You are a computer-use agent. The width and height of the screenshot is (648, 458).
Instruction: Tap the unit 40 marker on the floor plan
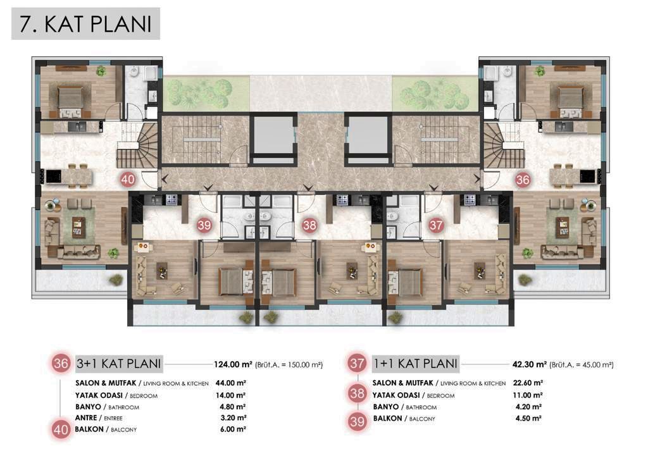(x=128, y=180)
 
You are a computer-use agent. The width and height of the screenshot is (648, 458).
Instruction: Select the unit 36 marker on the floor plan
(x=523, y=180)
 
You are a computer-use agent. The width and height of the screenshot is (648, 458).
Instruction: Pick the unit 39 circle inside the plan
(x=204, y=225)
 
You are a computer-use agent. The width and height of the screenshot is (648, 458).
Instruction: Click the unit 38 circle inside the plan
(x=309, y=225)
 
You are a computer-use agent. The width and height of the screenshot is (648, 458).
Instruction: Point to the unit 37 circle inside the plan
(x=436, y=225)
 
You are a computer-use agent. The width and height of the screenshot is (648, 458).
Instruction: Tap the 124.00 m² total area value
(x=233, y=364)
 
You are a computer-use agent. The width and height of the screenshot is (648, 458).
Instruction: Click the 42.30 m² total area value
(x=528, y=364)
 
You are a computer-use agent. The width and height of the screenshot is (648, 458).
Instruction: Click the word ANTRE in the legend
(x=88, y=418)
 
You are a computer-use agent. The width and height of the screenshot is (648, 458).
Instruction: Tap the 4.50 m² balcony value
(x=528, y=418)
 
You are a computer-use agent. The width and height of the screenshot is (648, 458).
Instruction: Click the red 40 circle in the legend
(x=61, y=430)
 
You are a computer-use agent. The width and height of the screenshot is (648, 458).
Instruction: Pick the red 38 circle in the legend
(x=357, y=394)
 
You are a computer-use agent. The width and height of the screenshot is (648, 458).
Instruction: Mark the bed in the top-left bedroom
(x=67, y=97)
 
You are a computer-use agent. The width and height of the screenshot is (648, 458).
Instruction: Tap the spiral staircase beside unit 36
(x=500, y=145)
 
